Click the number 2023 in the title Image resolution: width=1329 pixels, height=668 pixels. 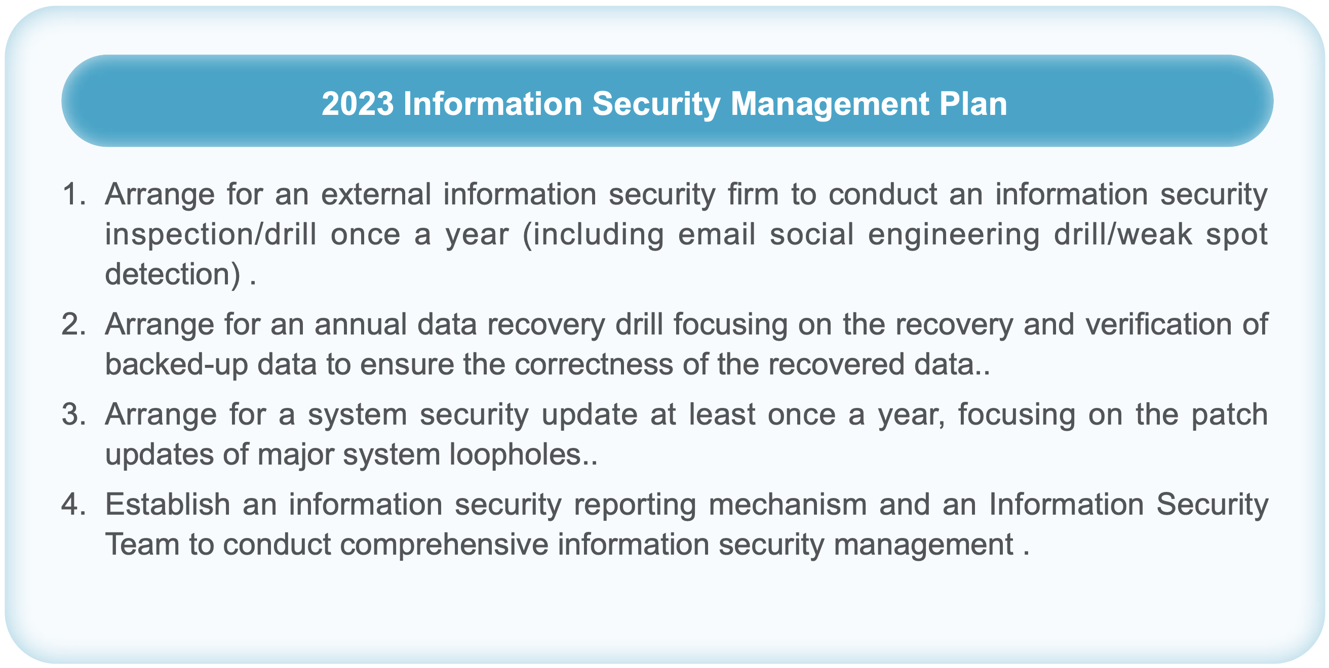click(358, 104)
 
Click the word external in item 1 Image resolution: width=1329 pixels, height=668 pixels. click(376, 194)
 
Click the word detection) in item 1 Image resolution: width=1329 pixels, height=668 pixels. click(173, 274)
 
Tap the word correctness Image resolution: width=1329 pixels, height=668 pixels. click(594, 364)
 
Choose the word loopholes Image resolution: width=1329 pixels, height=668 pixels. click(517, 454)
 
